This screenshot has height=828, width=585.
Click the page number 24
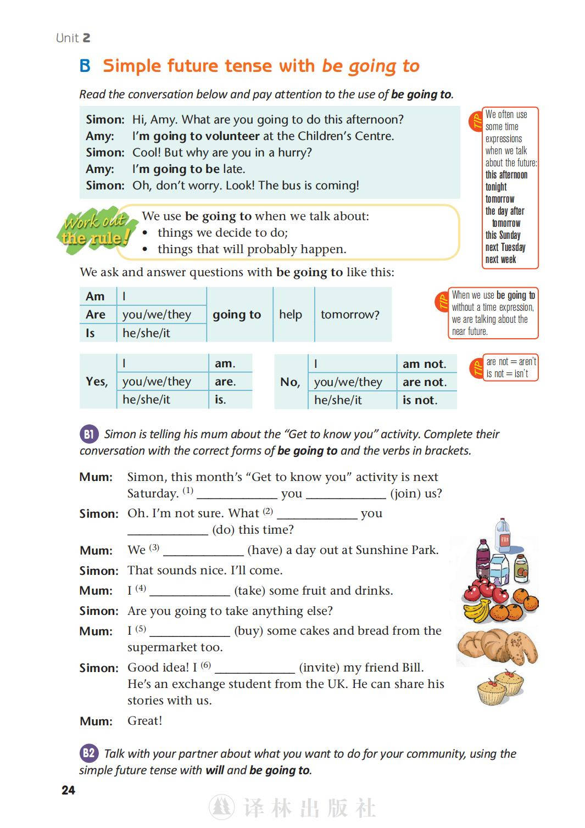tap(68, 790)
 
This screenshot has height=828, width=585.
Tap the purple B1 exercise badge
tap(88, 434)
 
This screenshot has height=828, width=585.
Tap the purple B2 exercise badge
tap(88, 753)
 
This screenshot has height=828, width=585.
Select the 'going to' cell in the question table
tap(237, 315)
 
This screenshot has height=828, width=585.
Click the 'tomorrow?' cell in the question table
tap(350, 315)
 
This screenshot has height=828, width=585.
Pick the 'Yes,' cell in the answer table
tap(97, 381)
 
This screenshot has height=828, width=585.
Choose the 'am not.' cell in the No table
tap(425, 363)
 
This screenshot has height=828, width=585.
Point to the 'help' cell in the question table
tap(291, 315)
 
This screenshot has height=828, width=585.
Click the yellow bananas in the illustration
tap(476, 610)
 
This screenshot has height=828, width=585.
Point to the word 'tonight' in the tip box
tap(496, 187)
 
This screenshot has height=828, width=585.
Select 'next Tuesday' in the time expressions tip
tap(505, 247)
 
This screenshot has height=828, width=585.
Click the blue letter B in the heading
tap(85, 66)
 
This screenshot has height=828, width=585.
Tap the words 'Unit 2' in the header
tap(73, 38)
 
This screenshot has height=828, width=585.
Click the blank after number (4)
tap(190, 591)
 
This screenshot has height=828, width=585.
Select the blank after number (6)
tap(255, 668)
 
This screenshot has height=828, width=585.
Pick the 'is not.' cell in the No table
tap(420, 400)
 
